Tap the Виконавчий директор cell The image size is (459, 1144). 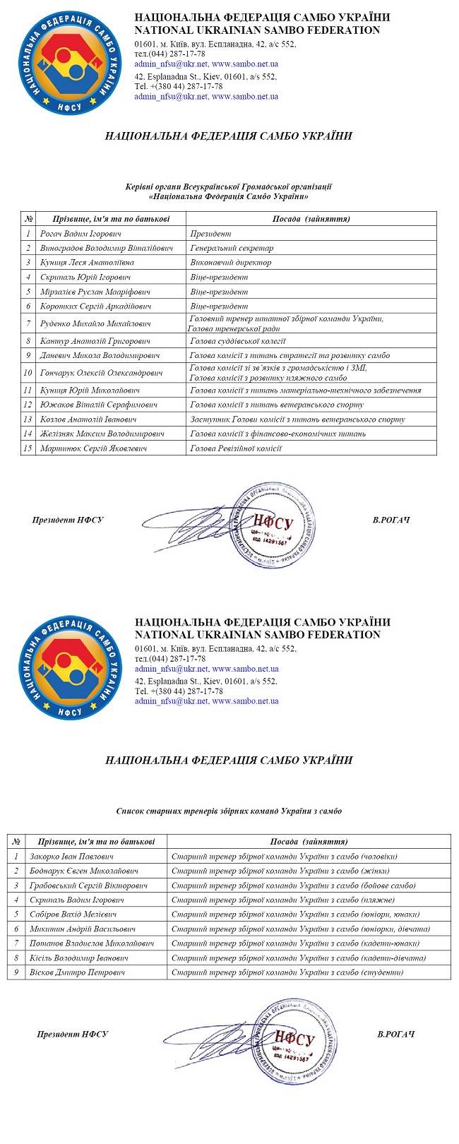[x=231, y=263]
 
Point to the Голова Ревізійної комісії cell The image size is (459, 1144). [x=236, y=448]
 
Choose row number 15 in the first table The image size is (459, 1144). [x=28, y=448]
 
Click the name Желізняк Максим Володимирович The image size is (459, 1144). [x=102, y=434]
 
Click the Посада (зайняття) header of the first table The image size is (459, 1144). [x=311, y=219]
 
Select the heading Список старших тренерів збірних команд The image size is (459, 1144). [x=229, y=811]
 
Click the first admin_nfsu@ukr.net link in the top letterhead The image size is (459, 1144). [x=171, y=64]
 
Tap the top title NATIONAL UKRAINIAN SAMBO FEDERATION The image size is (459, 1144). [x=257, y=30]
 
